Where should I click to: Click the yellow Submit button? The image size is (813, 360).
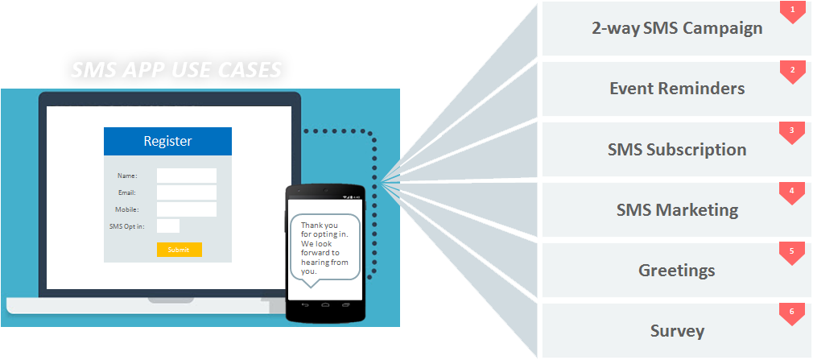click(x=179, y=250)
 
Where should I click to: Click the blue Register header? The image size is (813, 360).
click(x=167, y=141)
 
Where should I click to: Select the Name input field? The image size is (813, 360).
click(x=186, y=176)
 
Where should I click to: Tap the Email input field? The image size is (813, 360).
click(x=186, y=192)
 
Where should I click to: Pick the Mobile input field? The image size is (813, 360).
click(x=186, y=209)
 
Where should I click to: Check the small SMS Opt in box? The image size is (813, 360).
click(x=167, y=226)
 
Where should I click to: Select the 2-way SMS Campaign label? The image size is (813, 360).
click(x=676, y=28)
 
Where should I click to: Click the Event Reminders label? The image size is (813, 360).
click(x=676, y=89)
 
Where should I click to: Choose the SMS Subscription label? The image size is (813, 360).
click(x=676, y=149)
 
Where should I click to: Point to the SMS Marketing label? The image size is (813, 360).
click(x=676, y=210)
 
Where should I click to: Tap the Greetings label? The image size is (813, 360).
click(x=676, y=270)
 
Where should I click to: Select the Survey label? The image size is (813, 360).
click(x=676, y=330)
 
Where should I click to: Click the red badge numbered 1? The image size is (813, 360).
click(x=793, y=10)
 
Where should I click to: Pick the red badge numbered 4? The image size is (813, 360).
click(x=793, y=192)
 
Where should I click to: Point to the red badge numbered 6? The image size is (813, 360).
click(x=793, y=312)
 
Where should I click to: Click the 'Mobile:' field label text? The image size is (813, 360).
click(x=126, y=209)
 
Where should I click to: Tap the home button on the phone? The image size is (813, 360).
click(x=325, y=305)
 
